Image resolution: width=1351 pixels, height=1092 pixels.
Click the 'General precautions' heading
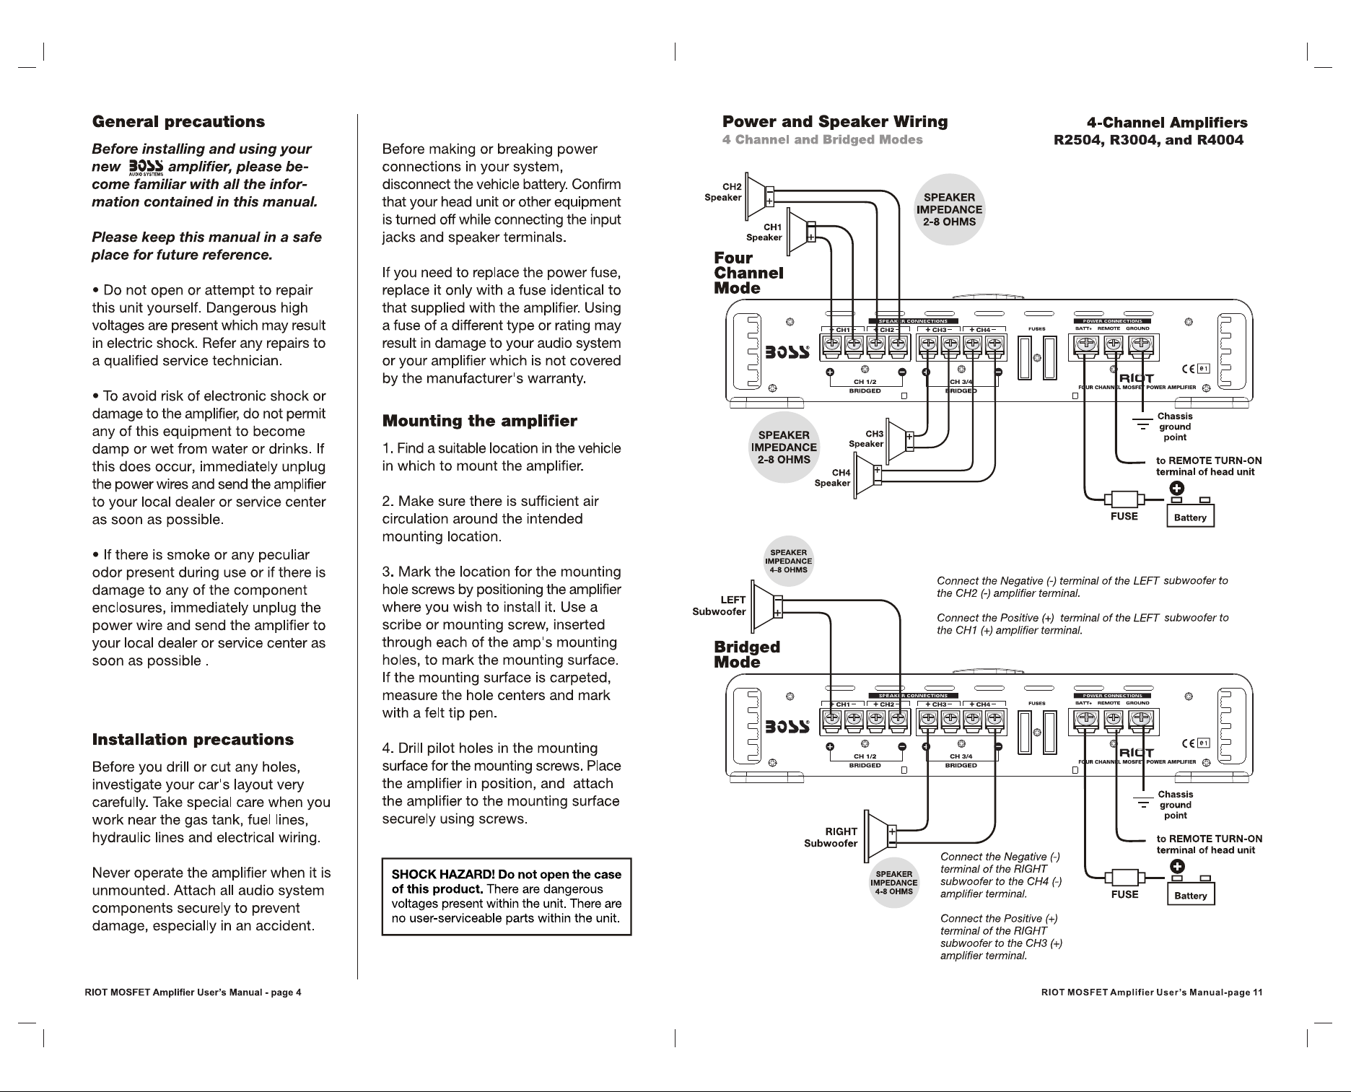click(178, 122)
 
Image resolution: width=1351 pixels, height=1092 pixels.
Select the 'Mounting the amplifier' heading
click(479, 421)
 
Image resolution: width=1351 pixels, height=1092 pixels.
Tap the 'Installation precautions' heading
click(193, 740)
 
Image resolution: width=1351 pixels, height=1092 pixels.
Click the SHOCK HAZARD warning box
click(507, 896)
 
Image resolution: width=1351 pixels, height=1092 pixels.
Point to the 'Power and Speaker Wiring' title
click(835, 122)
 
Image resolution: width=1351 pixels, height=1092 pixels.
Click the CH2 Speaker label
click(723, 192)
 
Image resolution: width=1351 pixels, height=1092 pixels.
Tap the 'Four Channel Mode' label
click(748, 273)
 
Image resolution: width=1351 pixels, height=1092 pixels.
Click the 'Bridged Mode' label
click(747, 655)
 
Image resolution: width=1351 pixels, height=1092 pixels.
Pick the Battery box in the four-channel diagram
click(1191, 517)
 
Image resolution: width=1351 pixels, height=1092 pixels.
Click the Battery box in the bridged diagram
click(1191, 895)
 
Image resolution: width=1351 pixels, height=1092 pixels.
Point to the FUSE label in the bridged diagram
click(1124, 894)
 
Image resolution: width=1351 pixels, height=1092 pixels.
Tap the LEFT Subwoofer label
click(719, 606)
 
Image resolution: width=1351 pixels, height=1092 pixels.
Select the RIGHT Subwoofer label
click(831, 837)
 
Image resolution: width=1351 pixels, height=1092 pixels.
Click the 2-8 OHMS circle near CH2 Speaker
click(949, 209)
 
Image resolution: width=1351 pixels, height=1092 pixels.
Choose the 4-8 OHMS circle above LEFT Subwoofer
click(789, 561)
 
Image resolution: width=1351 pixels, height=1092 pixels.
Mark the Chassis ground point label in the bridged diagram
click(1175, 805)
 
